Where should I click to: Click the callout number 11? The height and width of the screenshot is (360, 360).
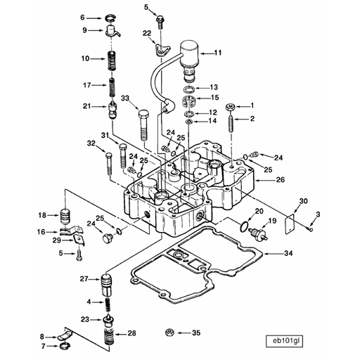click(x=218, y=53)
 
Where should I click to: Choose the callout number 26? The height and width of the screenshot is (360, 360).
click(x=280, y=180)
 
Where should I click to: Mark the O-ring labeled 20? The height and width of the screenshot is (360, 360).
click(x=243, y=226)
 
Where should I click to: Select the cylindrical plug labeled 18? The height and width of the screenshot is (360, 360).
click(x=65, y=215)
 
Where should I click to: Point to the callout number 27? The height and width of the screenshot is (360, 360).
click(x=84, y=280)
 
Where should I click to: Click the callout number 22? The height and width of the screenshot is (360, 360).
click(x=147, y=33)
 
